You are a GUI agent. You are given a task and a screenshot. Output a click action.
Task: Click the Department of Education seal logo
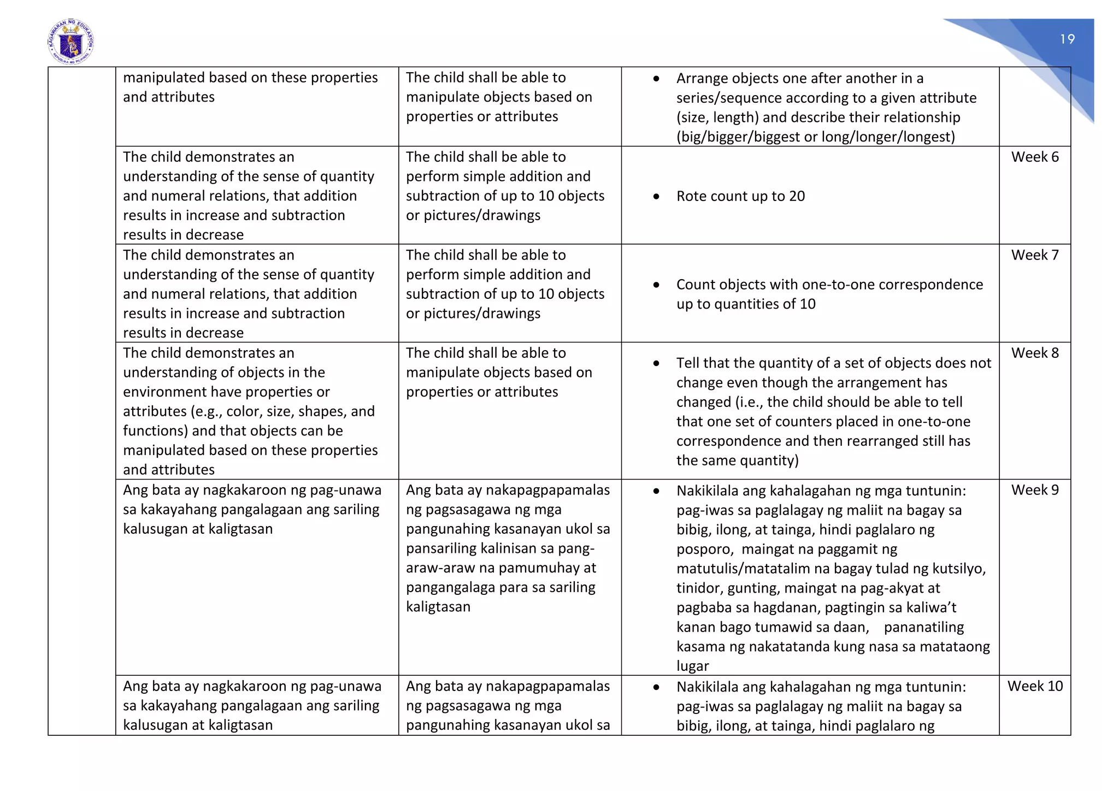[x=71, y=42]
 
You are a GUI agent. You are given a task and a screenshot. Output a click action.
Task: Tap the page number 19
[x=1067, y=39]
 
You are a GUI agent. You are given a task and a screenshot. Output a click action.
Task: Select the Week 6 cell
[x=1034, y=157]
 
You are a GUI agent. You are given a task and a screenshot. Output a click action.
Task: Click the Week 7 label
[x=1034, y=255]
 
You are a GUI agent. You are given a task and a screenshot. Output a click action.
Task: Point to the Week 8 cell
[x=1034, y=353]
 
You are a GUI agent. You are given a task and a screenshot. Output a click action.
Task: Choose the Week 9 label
[x=1034, y=490]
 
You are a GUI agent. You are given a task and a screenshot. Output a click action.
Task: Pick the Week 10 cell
[x=1034, y=686]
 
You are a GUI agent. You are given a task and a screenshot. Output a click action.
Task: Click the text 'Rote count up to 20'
[x=740, y=196]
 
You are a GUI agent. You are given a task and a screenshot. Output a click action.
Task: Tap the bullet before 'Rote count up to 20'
[x=656, y=197]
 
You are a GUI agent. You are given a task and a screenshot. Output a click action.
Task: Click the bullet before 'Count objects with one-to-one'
[x=656, y=285]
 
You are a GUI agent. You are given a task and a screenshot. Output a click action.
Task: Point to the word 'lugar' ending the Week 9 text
[x=692, y=666]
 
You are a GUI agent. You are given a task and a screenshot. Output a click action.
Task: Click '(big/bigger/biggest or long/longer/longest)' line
[x=815, y=137]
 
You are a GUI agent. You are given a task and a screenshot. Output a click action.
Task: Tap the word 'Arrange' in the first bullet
[x=702, y=79]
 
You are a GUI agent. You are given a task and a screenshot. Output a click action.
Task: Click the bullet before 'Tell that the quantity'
[x=656, y=364]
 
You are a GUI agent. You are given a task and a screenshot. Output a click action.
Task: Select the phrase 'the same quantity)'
[x=737, y=461]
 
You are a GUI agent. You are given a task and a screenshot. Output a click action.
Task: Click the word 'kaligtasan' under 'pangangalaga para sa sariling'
[x=438, y=607]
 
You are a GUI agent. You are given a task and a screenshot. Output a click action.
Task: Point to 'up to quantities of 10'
[x=745, y=304]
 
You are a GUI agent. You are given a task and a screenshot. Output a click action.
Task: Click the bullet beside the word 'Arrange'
[x=656, y=79]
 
